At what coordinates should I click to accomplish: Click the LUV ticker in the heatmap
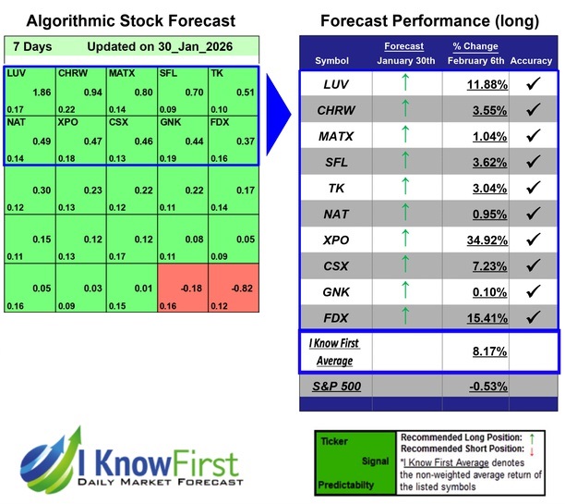[17, 73]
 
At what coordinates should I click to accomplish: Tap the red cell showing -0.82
[233, 289]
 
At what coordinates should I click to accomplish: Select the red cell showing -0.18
[183, 289]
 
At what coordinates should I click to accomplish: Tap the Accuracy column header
[531, 61]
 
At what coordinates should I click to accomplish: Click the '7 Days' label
[32, 45]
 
